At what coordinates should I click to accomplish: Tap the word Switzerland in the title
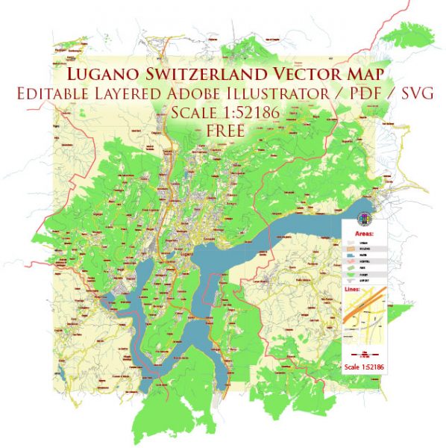click(211, 74)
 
